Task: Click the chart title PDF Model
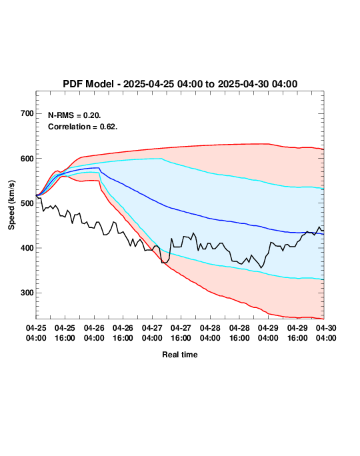(x=89, y=84)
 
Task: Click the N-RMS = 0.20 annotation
(x=75, y=115)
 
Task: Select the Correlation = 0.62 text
(x=83, y=127)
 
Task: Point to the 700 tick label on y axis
(x=27, y=113)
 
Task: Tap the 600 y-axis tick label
(x=27, y=159)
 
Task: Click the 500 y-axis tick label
(x=27, y=203)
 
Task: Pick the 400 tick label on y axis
(x=27, y=248)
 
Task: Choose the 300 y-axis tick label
(x=27, y=293)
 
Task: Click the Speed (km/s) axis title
(x=11, y=205)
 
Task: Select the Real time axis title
(x=180, y=355)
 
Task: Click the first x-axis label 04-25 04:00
(x=36, y=333)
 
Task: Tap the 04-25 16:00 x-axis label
(x=65, y=333)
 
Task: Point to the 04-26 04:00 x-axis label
(x=94, y=333)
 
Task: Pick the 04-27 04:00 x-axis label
(x=152, y=333)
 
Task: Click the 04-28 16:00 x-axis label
(x=239, y=333)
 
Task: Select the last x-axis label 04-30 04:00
(x=326, y=333)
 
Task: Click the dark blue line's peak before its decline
(x=99, y=168)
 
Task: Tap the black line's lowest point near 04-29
(x=261, y=267)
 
